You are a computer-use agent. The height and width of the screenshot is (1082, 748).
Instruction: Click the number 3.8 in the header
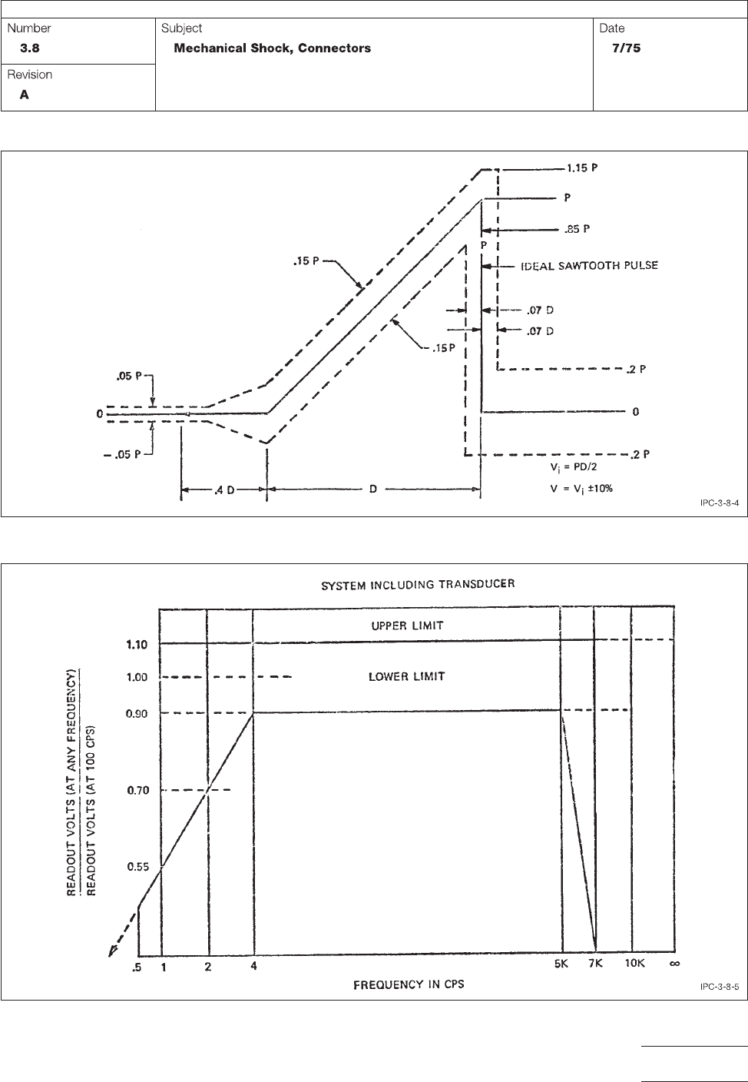pos(30,48)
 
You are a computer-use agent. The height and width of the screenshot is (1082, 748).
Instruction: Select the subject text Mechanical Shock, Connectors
pos(273,48)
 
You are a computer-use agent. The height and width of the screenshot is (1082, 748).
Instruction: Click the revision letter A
pos(25,95)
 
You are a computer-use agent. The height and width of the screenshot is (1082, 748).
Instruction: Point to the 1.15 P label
pos(583,168)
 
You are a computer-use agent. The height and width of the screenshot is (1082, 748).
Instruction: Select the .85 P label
pos(578,229)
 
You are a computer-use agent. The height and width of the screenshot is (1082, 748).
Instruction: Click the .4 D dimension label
pos(223,489)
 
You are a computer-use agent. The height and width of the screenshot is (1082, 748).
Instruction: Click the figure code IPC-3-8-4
pos(719,503)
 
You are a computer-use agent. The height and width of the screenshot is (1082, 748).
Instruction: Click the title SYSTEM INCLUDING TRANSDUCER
pos(418,584)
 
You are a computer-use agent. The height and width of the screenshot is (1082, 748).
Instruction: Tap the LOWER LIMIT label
pos(407,677)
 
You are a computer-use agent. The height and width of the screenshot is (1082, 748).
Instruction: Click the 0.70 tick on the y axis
pos(138,790)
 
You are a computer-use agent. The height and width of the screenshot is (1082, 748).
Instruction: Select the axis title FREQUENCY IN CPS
pos(409,984)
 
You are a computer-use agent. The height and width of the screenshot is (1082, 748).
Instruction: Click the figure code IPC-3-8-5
pos(719,987)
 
